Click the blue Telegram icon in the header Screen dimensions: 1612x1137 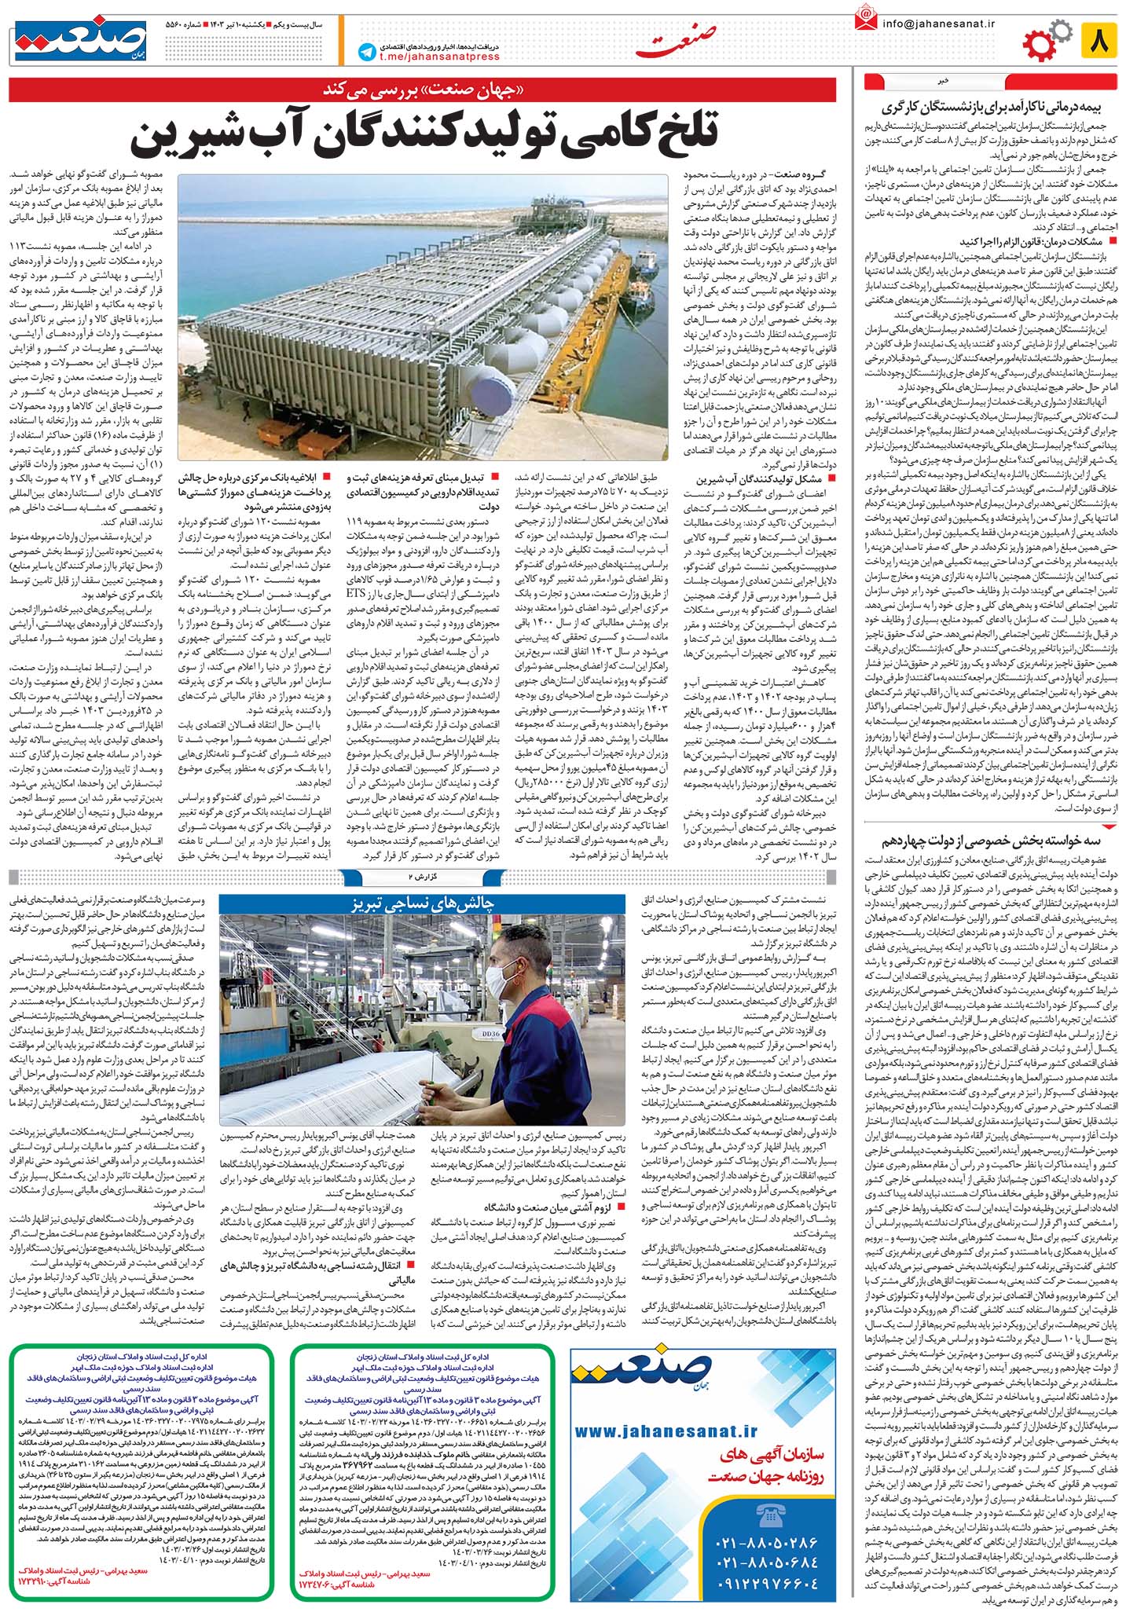[365, 53]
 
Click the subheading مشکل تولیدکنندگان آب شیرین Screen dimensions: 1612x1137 [762, 478]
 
